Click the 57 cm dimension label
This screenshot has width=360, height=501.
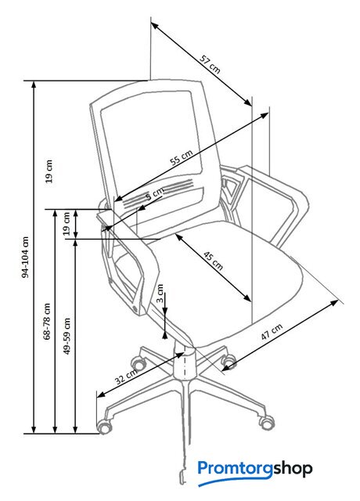(x=210, y=64)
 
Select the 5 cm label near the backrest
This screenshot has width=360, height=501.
(x=155, y=193)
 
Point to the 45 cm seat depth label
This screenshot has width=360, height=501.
(x=214, y=261)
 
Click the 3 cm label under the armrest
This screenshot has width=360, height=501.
(x=160, y=294)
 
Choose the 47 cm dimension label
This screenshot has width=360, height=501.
(x=272, y=332)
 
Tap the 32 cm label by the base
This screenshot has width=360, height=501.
(x=126, y=376)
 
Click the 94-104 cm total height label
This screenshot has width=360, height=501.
(x=26, y=258)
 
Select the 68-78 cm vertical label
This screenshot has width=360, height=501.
(x=47, y=321)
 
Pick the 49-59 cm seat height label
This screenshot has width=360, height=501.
(x=67, y=336)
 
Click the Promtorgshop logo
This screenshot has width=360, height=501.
(x=255, y=471)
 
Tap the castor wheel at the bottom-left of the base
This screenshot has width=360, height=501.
(x=104, y=427)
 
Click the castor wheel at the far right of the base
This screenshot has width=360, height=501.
(x=266, y=422)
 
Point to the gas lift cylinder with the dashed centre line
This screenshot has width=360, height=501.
(x=185, y=363)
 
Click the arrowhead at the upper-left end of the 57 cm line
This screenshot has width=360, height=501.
(x=155, y=26)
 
